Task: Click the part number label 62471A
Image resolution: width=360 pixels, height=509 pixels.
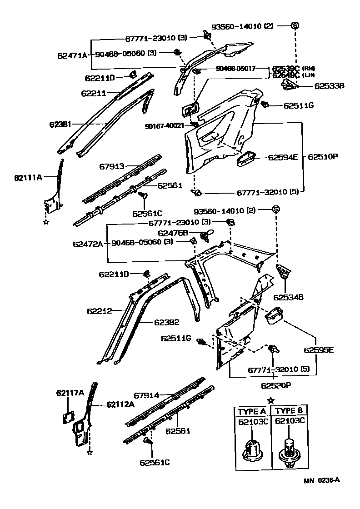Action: point(72,55)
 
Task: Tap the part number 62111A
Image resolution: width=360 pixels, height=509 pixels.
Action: point(28,177)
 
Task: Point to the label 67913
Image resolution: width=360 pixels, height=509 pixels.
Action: point(112,167)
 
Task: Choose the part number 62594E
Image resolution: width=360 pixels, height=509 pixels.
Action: point(283,157)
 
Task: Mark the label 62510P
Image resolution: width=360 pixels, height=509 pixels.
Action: point(323,157)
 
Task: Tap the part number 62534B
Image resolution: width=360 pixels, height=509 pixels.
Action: point(288,297)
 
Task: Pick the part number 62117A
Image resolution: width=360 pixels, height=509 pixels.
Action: point(70,393)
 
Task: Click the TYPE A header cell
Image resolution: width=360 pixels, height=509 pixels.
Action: point(251,411)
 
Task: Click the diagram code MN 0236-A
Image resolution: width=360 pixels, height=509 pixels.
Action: point(322,480)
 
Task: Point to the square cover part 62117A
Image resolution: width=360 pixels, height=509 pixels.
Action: point(68,417)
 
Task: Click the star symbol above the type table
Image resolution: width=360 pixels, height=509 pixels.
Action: point(271,400)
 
